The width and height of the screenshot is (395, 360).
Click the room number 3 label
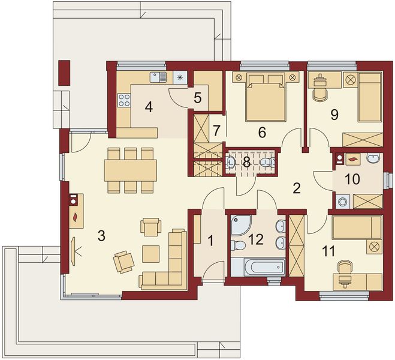101,236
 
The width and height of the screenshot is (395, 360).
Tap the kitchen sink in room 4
158,77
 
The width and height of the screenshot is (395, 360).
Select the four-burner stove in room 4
124,100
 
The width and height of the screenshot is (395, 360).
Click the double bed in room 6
266,97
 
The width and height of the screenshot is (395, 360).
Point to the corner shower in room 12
240,225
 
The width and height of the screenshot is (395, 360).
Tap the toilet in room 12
238,245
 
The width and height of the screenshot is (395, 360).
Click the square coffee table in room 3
150,254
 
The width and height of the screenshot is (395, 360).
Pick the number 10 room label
352,179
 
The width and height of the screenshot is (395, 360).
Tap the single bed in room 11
357,228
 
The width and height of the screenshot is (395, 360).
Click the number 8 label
246,162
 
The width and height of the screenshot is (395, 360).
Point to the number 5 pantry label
198,98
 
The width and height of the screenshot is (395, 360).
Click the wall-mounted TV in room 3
74,251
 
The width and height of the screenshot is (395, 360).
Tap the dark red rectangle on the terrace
64,73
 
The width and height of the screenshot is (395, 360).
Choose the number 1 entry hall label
210,241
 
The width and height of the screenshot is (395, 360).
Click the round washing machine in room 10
343,202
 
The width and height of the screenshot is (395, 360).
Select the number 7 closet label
216,130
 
